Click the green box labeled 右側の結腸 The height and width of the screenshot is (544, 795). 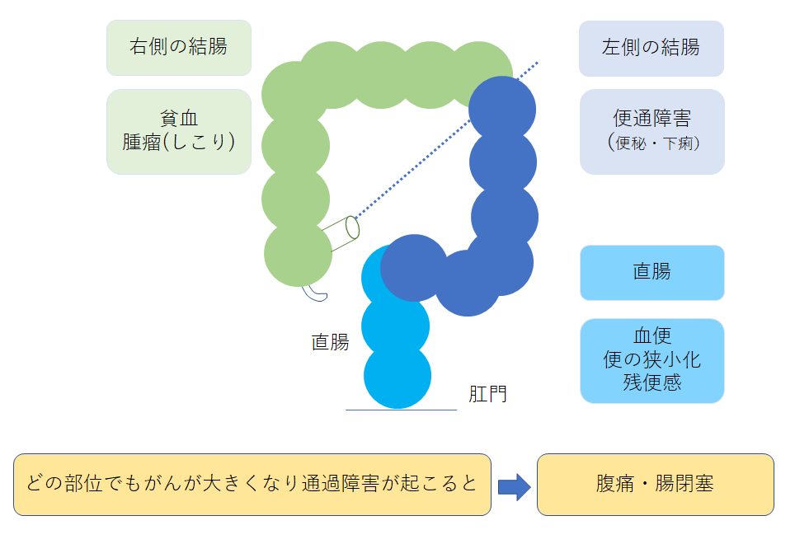tap(178, 47)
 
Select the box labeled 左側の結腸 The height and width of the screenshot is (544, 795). tap(651, 47)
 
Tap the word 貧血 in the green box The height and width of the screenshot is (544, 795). tap(178, 119)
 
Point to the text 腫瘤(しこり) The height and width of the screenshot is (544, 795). tap(178, 142)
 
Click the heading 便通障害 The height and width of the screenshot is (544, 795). tap(651, 118)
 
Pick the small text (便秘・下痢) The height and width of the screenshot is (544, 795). tap(652, 143)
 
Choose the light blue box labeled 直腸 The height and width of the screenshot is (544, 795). tap(652, 272)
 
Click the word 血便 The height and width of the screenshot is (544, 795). tap(652, 336)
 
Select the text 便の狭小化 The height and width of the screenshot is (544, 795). tap(652, 359)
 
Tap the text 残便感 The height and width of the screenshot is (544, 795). tap(652, 382)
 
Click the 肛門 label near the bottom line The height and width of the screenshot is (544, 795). tap(487, 394)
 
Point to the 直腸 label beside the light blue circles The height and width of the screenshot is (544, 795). tap(330, 342)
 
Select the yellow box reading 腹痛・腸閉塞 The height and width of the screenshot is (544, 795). tap(655, 485)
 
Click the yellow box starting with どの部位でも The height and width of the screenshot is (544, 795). tap(252, 485)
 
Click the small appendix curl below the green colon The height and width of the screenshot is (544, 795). tap(314, 292)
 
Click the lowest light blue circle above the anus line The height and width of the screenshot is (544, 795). tap(397, 376)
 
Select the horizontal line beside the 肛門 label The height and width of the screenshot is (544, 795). tap(401, 410)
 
